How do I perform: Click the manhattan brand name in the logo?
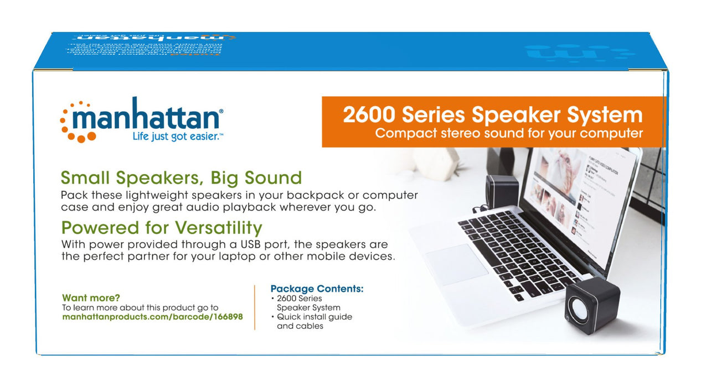147,118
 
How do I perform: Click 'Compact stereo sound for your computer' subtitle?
508,133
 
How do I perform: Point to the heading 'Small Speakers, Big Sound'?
181,178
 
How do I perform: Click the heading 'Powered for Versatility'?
161,228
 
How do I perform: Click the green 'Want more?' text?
91,297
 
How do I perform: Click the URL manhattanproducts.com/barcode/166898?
152,317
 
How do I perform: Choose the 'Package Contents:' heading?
317,289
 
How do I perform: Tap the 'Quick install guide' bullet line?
315,317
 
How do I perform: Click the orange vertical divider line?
255,307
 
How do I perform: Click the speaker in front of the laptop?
591,306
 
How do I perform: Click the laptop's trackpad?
457,264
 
